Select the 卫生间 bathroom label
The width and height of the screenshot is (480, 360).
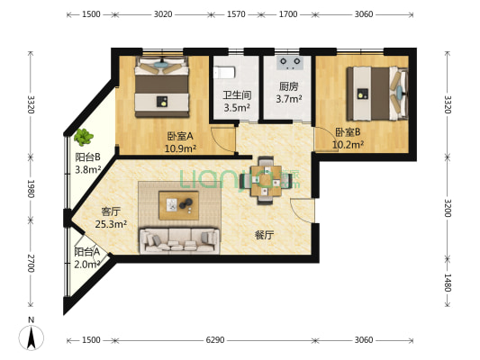pos(236,94)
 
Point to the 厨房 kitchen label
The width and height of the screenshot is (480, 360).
pos(288,87)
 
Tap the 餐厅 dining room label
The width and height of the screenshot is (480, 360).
pos(264,234)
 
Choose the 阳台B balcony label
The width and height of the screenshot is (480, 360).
pos(87,157)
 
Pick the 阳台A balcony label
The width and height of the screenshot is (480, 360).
pos(86,253)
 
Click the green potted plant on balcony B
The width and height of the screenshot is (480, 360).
pos(84,138)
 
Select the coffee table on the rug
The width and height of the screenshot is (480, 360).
pos(180,205)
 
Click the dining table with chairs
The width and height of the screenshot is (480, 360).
pos(265,178)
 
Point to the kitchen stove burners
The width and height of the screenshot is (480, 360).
pos(290,62)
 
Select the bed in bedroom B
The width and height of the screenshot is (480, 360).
pos(378,93)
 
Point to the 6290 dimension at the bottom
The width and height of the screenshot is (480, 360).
pos(213,340)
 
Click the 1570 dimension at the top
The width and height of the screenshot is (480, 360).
pos(236,15)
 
